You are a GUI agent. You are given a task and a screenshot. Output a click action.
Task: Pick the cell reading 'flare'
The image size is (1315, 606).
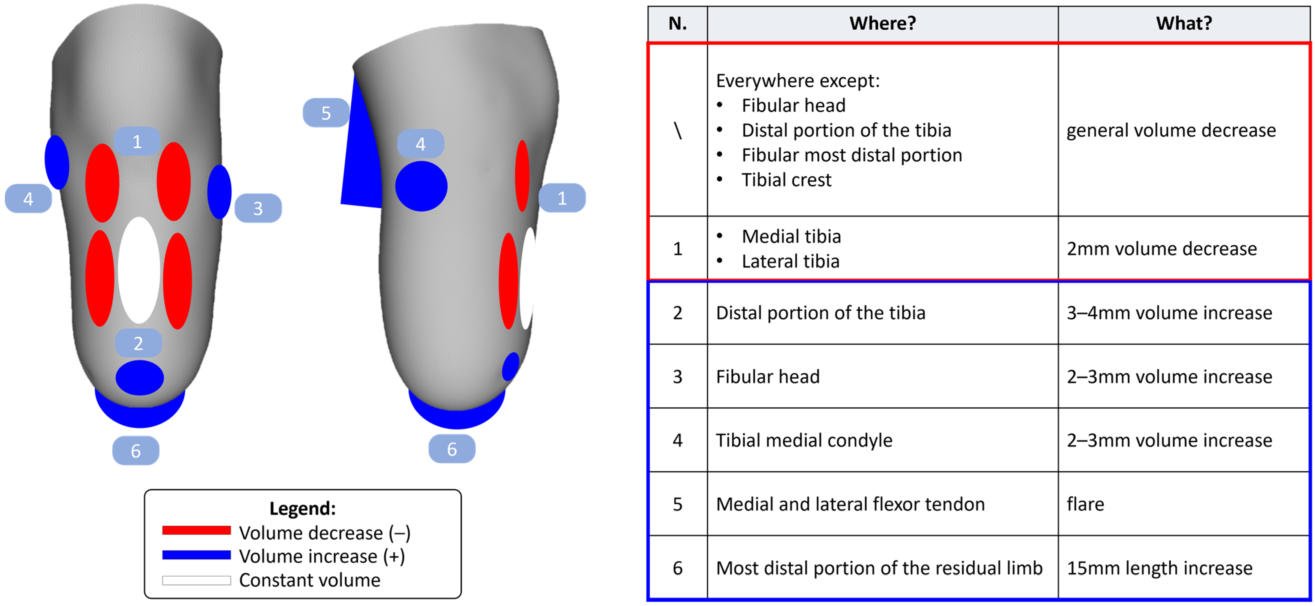(1085, 505)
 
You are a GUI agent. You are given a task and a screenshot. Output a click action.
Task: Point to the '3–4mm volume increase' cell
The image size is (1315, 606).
(1169, 313)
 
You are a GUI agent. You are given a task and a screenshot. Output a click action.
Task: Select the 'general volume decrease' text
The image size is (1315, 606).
(1171, 130)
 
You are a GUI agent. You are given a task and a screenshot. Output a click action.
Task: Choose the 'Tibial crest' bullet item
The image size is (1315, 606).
(786, 180)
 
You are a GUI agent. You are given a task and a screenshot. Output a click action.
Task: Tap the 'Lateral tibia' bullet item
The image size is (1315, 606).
(790, 261)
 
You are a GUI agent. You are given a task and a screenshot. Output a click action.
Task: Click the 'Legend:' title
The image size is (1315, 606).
(302, 508)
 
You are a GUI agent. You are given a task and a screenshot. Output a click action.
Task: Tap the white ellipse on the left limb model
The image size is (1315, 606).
(139, 270)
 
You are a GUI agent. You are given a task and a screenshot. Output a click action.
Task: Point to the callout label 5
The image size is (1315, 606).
(326, 113)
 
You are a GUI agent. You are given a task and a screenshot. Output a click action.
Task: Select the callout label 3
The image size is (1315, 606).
(258, 208)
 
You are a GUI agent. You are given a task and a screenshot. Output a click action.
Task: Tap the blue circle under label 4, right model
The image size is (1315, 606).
(421, 186)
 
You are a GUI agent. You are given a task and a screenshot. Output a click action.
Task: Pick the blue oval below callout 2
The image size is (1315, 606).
(139, 378)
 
